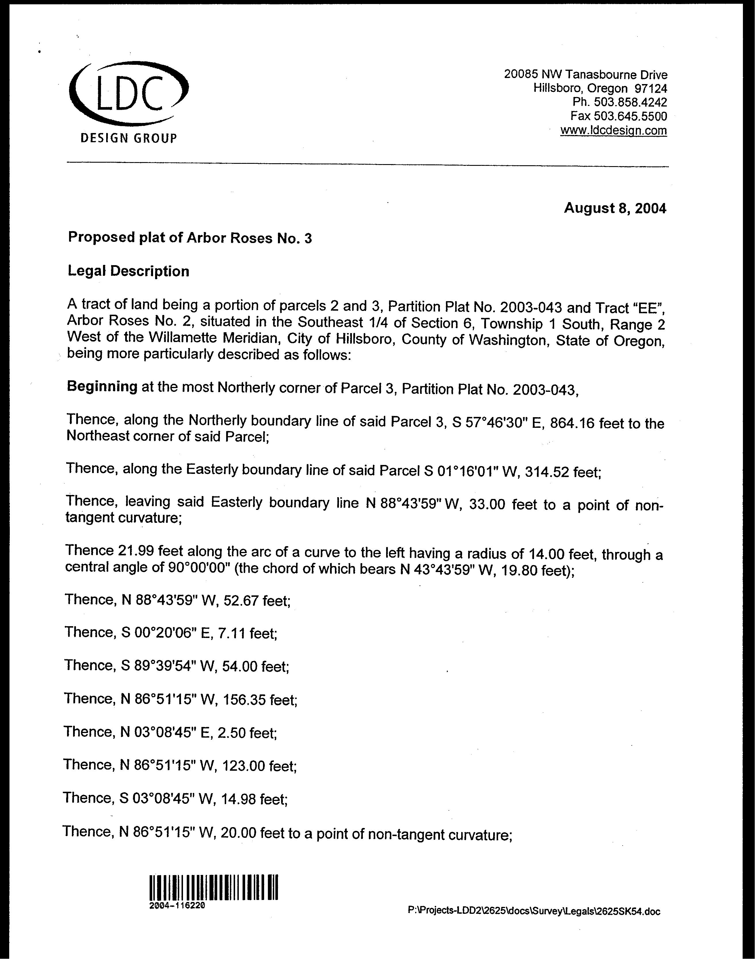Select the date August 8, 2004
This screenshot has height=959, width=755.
(x=615, y=208)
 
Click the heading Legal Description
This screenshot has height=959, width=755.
(x=128, y=271)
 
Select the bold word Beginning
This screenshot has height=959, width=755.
(x=102, y=387)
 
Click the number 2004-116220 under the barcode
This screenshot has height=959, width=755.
(x=177, y=905)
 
